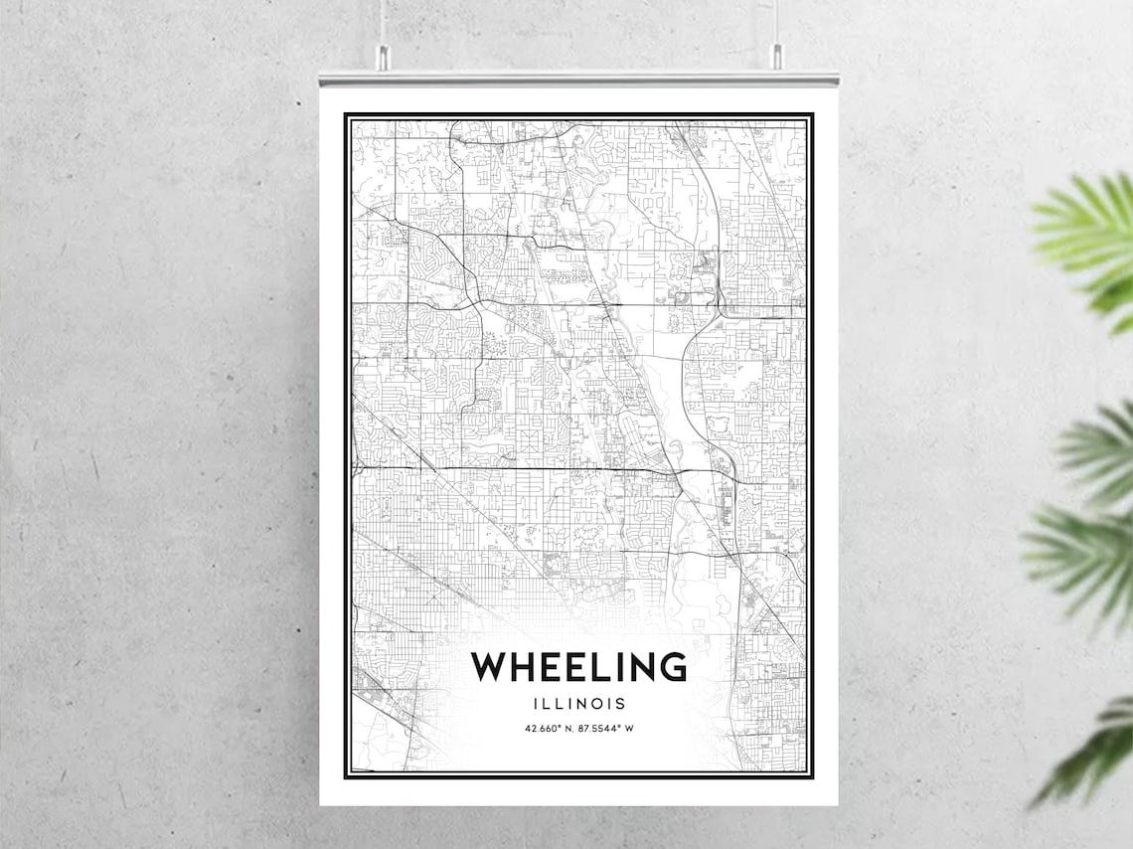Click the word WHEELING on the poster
(x=578, y=667)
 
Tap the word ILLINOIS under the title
(x=579, y=703)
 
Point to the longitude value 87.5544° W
(x=604, y=729)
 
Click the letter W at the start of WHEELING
(x=491, y=667)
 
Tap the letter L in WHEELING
(x=594, y=667)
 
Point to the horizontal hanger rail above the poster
(x=578, y=76)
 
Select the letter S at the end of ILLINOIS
(x=621, y=703)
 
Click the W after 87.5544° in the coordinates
(x=629, y=729)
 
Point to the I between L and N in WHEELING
(x=613, y=667)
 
